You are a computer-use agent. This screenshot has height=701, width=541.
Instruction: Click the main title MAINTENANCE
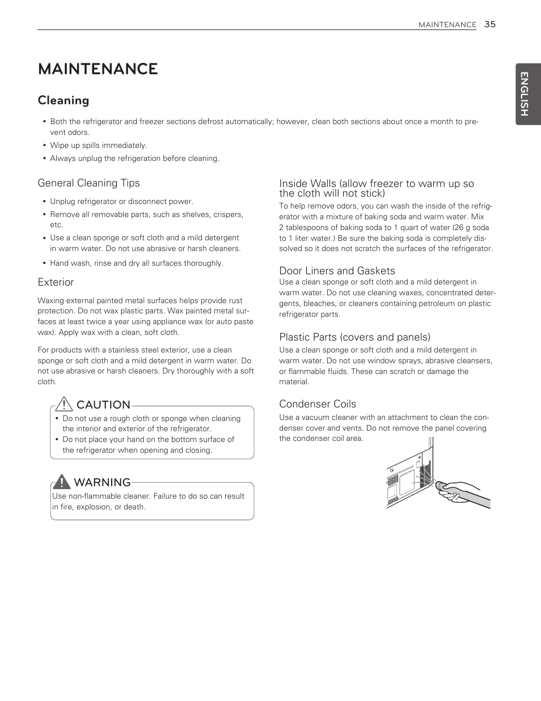point(98,69)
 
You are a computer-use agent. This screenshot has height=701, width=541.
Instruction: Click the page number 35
point(490,24)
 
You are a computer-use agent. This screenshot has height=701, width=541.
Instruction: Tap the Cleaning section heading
point(64,100)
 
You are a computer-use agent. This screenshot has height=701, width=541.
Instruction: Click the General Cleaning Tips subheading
point(88,183)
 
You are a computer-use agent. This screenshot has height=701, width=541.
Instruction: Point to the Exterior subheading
point(56,282)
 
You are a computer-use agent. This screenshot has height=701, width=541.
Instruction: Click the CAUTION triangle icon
point(64,404)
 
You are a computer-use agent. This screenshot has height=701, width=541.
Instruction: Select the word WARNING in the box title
point(102,482)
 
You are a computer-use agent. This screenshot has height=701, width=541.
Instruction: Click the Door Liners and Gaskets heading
point(337,271)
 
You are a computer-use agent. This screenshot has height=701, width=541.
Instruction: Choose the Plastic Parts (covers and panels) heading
point(354,337)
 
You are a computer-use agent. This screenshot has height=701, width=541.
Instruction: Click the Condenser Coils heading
point(318,404)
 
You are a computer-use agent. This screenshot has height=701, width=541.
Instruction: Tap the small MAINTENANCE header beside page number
point(447,25)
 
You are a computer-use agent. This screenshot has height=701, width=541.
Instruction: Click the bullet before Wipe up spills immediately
point(44,146)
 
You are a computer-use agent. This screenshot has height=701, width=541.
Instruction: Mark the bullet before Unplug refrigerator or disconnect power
point(44,202)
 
